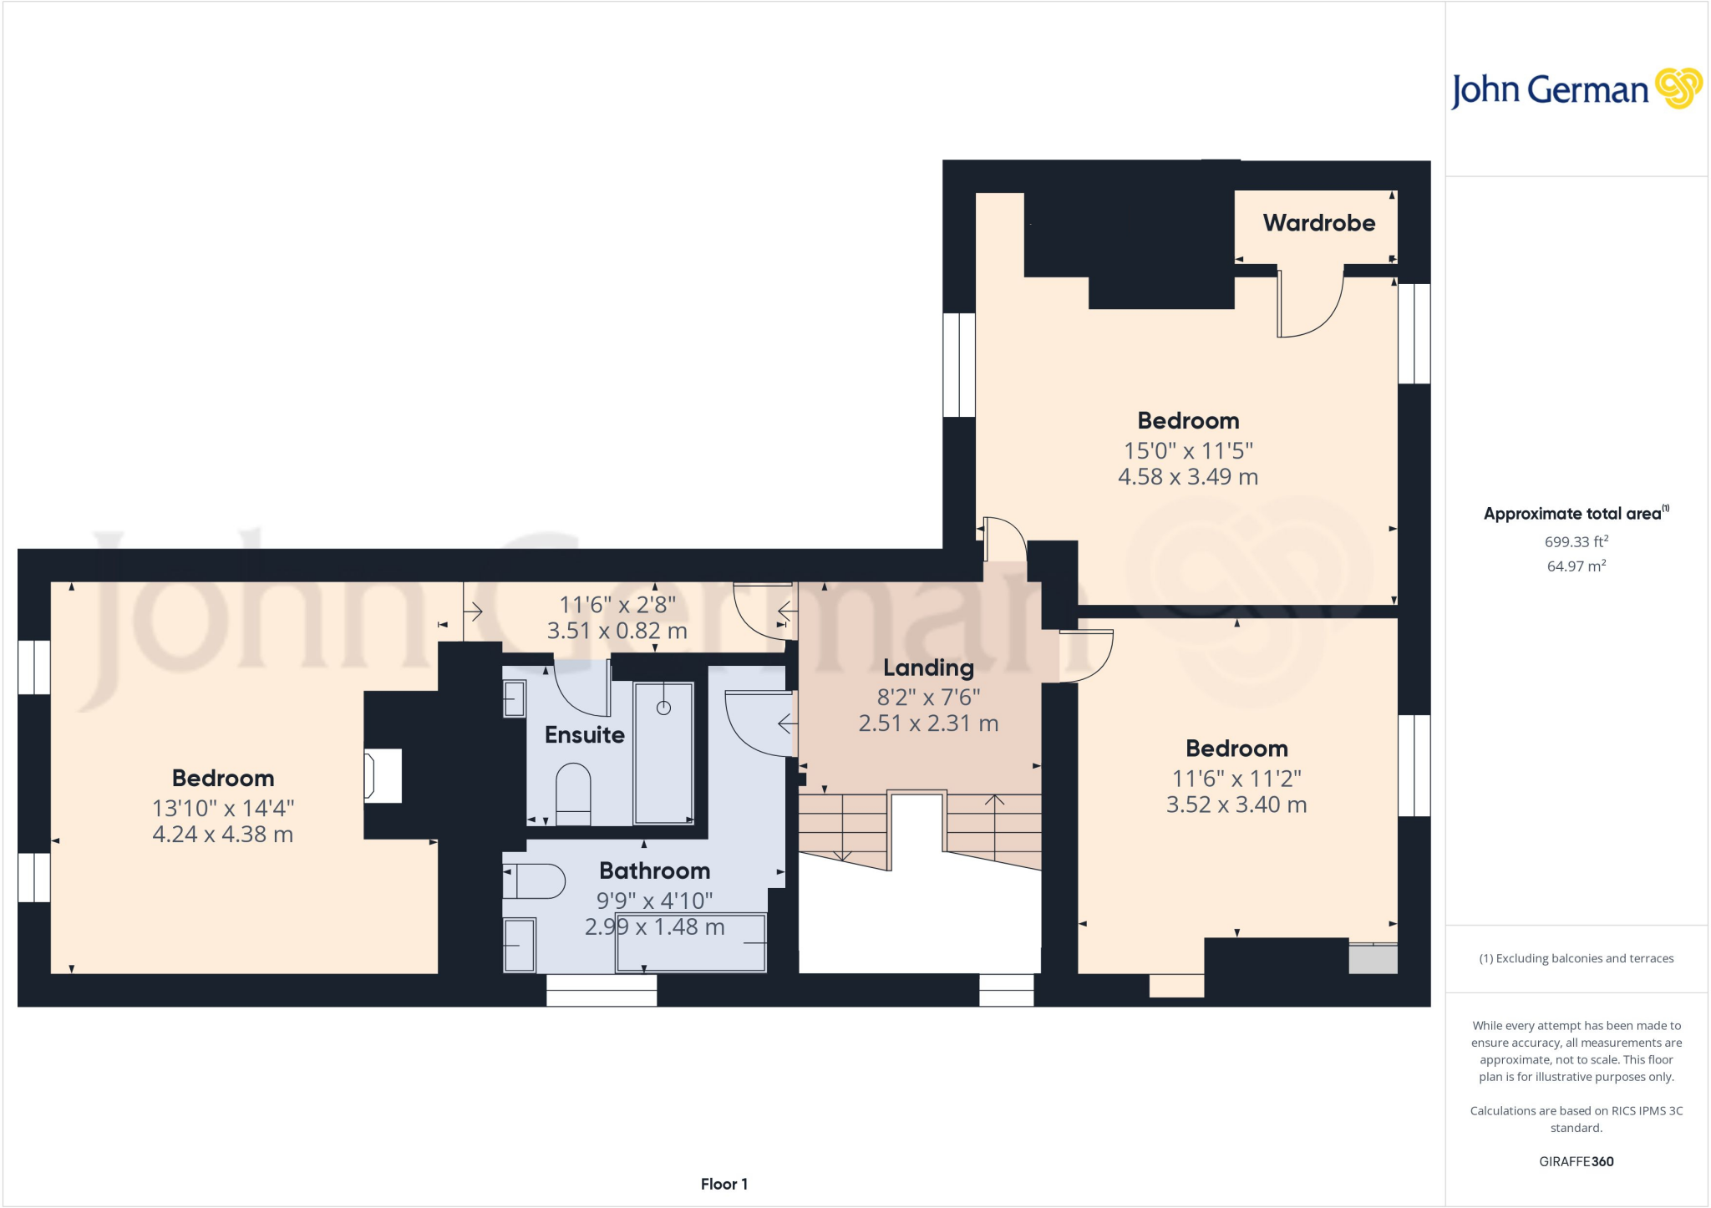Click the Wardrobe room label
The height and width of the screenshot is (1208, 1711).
pos(1318,223)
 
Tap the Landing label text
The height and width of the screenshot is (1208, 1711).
pos(928,667)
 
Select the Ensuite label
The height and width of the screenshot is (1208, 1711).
pos(584,734)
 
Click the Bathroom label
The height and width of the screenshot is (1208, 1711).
pos(654,870)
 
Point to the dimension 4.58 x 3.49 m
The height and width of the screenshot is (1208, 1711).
pos(1187,477)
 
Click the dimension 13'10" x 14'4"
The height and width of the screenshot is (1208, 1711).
pos(223,808)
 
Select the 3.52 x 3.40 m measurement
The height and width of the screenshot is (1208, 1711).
pos(1236,804)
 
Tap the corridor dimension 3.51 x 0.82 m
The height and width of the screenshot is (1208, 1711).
pos(617,631)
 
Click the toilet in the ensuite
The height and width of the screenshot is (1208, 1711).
pos(573,792)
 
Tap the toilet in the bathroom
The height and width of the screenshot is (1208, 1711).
pos(535,881)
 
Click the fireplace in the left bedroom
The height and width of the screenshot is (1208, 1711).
pos(382,776)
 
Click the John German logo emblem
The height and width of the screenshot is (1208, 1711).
pos(1678,89)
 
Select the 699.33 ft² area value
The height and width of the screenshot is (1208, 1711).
pos(1576,541)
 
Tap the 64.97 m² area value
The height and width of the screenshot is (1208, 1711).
pos(1576,566)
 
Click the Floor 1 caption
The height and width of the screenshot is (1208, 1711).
pos(723,1184)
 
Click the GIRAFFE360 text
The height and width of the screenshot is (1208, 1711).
pos(1576,1161)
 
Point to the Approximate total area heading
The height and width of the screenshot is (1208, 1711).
pos(1574,514)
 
